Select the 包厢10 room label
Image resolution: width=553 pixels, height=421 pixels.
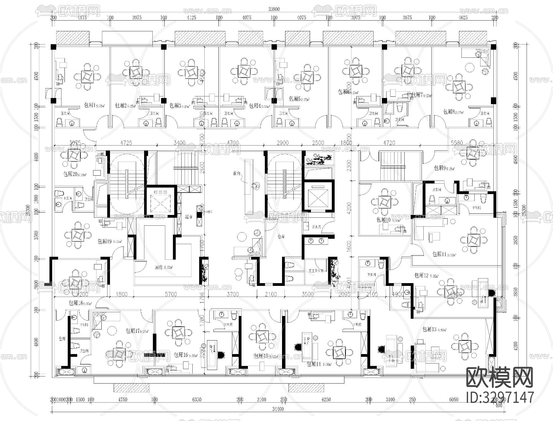[x=383, y=220]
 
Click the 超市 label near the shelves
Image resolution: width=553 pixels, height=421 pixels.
[x=188, y=217]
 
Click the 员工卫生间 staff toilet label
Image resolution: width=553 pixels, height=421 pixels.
[x=316, y=271]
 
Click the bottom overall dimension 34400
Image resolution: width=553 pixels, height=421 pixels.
[x=278, y=409]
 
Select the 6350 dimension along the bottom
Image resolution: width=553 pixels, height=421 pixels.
[x=197, y=400]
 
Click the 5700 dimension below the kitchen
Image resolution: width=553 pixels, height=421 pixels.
[x=171, y=294]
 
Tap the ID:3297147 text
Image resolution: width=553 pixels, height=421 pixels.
[x=500, y=397]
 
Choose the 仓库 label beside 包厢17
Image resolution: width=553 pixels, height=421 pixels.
[x=62, y=339]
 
